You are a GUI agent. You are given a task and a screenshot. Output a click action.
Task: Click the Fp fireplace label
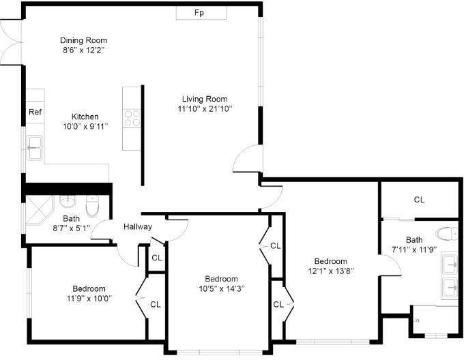click(x=199, y=13)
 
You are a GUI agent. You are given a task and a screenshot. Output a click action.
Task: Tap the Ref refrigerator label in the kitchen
click(x=35, y=112)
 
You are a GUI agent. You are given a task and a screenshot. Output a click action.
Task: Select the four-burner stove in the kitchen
click(x=132, y=118)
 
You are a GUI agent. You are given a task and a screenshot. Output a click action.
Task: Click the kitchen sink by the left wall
click(x=35, y=147)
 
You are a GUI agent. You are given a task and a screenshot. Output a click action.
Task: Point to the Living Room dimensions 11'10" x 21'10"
click(x=205, y=109)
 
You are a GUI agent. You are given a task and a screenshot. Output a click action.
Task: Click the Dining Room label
click(x=83, y=40)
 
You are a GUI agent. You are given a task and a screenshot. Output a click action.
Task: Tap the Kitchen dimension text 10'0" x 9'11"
click(x=85, y=127)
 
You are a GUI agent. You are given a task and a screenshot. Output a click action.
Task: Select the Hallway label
click(x=138, y=226)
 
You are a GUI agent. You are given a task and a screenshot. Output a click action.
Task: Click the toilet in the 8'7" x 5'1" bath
click(x=92, y=206)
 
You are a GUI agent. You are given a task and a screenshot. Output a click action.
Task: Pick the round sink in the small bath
click(x=68, y=202)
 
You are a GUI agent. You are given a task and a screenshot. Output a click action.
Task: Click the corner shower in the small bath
click(x=39, y=209)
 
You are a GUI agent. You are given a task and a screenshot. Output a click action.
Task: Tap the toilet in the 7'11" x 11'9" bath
click(x=447, y=233)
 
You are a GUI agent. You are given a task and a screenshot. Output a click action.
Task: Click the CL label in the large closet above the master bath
click(x=419, y=200)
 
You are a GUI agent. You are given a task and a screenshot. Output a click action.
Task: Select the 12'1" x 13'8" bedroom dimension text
click(x=331, y=271)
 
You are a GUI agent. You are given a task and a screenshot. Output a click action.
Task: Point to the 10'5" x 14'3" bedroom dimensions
click(x=222, y=288)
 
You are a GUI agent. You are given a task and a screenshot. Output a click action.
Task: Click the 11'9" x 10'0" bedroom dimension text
click(x=89, y=298)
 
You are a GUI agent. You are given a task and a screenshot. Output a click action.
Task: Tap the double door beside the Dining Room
click(x=11, y=42)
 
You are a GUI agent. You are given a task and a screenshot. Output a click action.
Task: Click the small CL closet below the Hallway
click(x=156, y=258)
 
